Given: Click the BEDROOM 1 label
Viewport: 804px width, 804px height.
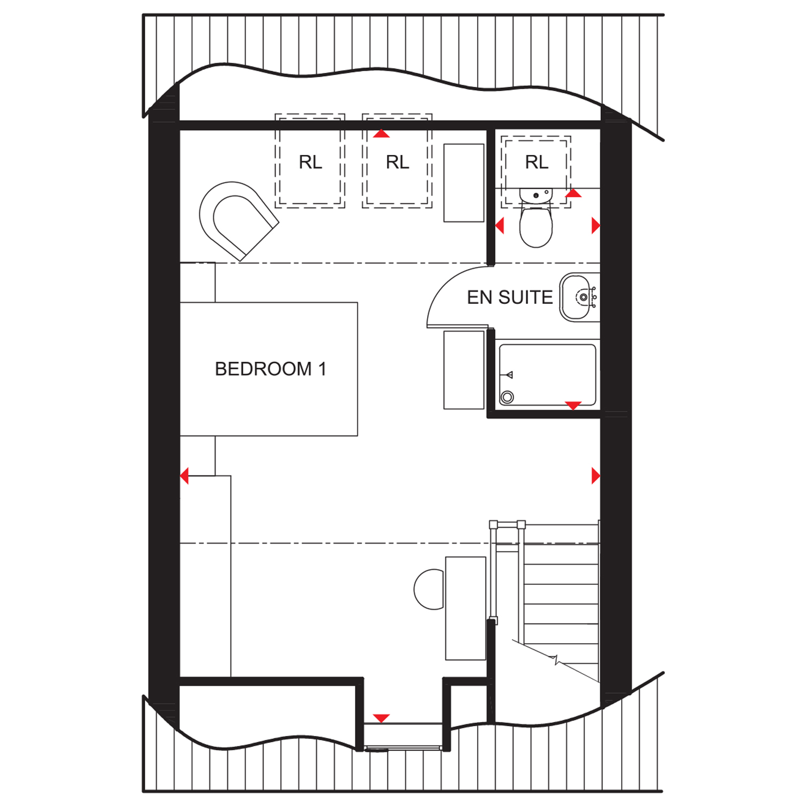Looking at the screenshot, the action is (270, 369).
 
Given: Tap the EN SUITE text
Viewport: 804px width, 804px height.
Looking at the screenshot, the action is (510, 297).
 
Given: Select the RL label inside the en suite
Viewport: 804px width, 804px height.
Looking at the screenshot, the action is (537, 162).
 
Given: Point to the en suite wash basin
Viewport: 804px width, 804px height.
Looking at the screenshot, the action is (579, 297).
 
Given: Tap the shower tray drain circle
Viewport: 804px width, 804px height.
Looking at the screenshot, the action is (507, 397).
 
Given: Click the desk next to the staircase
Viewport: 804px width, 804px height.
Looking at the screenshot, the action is (466, 608).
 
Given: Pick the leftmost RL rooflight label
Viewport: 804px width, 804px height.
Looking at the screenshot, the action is (310, 162).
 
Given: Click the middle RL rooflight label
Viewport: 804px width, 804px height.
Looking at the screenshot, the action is (397, 162).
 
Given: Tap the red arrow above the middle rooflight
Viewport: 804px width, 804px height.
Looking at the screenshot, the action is (382, 133).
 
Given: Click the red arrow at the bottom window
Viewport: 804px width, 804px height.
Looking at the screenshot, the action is (381, 718).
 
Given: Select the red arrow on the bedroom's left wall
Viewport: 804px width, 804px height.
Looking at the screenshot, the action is (184, 475).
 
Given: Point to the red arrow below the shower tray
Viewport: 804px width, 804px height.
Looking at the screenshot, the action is (574, 406).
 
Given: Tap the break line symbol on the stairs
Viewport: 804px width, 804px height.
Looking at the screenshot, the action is (556, 660).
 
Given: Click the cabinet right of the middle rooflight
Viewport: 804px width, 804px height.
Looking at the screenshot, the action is (464, 183).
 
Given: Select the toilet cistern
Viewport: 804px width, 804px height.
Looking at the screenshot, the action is (536, 195).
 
